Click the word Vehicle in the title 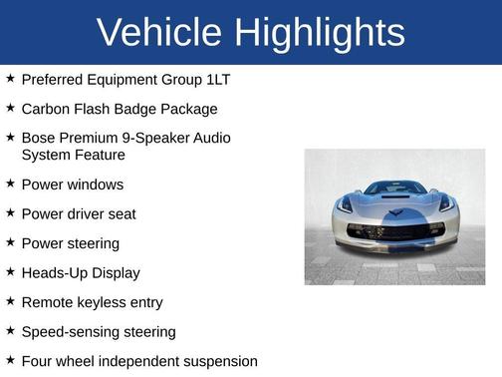pyautogui.click(x=159, y=33)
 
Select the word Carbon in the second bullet pyautogui.click(x=47, y=109)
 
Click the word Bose pyautogui.click(x=39, y=138)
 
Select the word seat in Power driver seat pyautogui.click(x=121, y=214)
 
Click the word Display pyautogui.click(x=117, y=273)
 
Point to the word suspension pyautogui.click(x=215, y=361)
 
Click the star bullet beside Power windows pyautogui.click(x=10, y=184)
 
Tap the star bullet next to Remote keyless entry pyautogui.click(x=10, y=301)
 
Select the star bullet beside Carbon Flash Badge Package pyautogui.click(x=10, y=108)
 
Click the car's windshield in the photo pyautogui.click(x=394, y=188)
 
